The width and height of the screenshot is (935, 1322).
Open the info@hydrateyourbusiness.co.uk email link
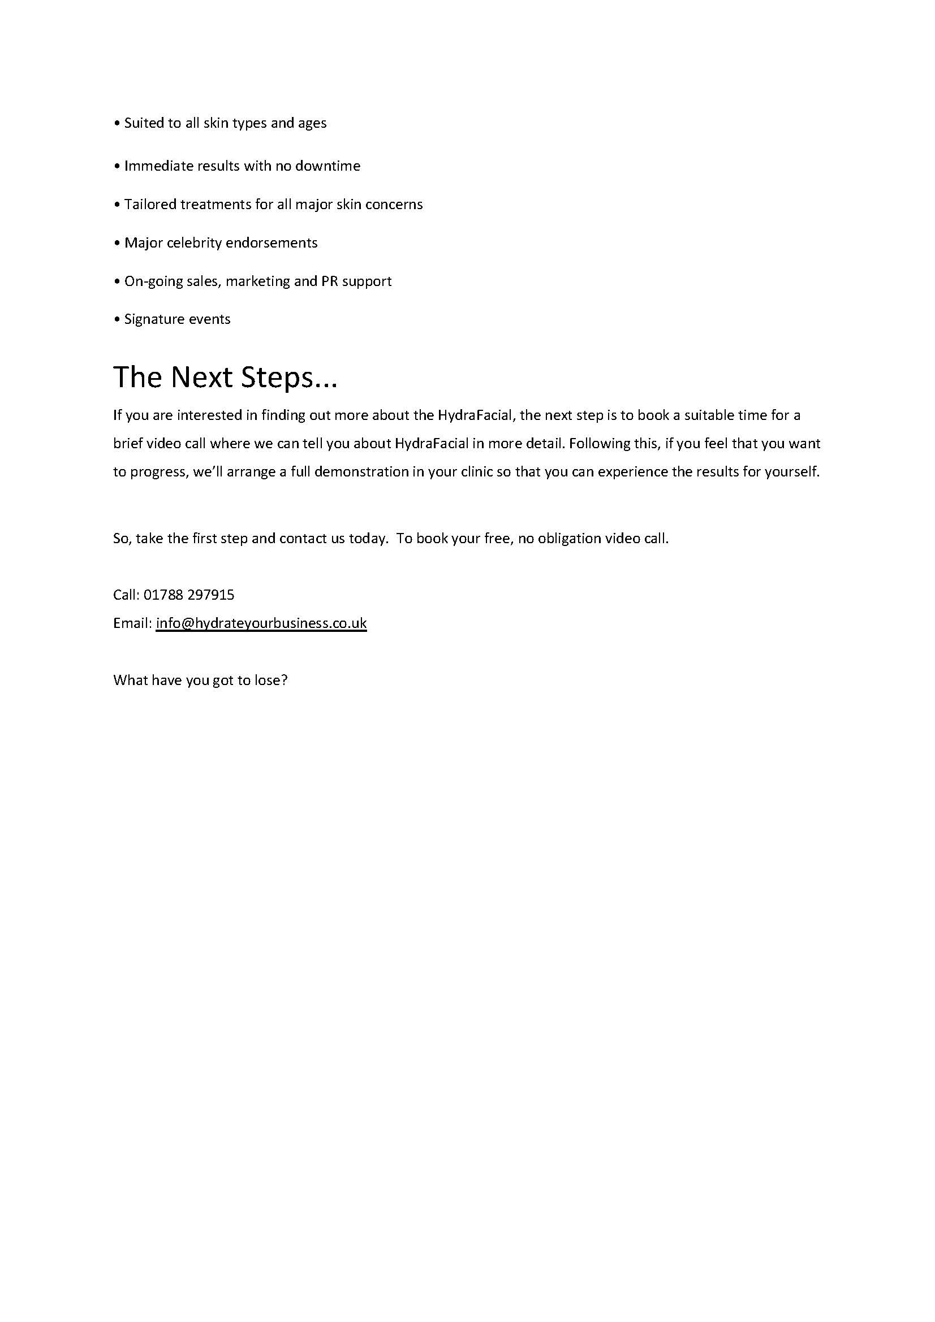click(x=261, y=623)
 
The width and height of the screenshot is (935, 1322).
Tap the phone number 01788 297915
click(x=189, y=595)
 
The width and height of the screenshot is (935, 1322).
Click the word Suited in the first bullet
click(x=144, y=123)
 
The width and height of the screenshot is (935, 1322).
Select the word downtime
click(x=328, y=166)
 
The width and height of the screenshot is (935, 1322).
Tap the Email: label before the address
click(x=132, y=623)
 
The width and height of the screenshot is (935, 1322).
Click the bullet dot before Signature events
click(x=117, y=320)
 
